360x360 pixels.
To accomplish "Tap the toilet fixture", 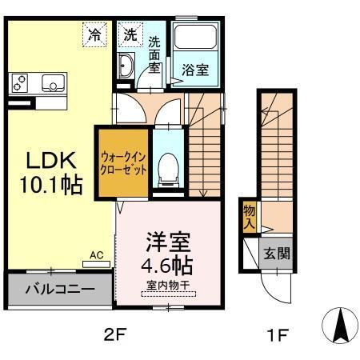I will click(166, 166).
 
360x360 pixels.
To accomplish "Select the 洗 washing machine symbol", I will click(130, 35).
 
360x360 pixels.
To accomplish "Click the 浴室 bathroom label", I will click(195, 70).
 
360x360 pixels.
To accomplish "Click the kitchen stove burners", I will click(22, 82).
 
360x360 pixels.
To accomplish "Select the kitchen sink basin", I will click(53, 82).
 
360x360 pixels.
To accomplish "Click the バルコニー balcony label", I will click(59, 290).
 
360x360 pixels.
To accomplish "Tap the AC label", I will click(97, 255).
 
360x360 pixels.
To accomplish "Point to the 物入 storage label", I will click(250, 217).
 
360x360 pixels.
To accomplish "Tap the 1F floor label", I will click(278, 334).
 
